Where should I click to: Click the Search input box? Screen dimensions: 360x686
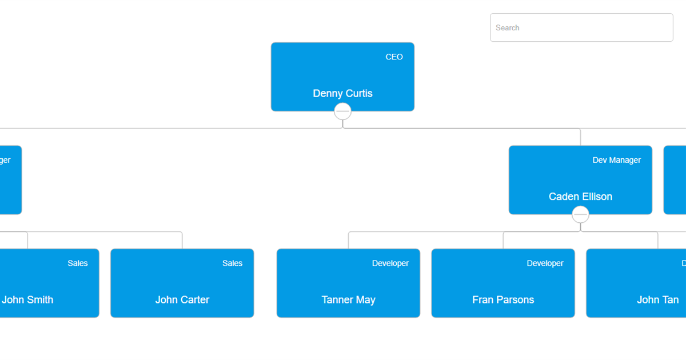[x=581, y=27]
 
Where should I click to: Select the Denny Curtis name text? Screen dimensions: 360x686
[x=342, y=93]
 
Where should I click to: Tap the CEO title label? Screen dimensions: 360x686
[x=394, y=57]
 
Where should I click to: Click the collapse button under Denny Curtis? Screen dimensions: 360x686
[x=342, y=111]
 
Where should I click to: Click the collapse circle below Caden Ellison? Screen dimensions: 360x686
[x=580, y=214]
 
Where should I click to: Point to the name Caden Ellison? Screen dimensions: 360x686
[x=580, y=197]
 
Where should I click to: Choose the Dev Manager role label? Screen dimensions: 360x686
[x=616, y=160]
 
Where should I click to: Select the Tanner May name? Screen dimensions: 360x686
[x=348, y=299]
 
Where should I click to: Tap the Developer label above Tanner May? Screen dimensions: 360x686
[x=390, y=263]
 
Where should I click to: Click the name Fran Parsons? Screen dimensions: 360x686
[x=503, y=299]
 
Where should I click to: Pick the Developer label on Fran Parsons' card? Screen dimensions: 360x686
[x=545, y=263]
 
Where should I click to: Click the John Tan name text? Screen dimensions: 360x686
[x=657, y=299]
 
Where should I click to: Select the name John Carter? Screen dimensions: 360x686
[x=182, y=299]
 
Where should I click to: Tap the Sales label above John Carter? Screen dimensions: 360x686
[x=232, y=263]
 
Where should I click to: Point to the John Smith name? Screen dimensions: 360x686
[x=27, y=299]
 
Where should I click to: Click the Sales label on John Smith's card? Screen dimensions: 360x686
[x=78, y=263]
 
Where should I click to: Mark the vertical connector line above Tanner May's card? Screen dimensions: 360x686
[x=349, y=241]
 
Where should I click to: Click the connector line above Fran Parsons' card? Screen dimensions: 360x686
[x=504, y=241]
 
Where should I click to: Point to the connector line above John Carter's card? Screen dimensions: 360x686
[x=182, y=241]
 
